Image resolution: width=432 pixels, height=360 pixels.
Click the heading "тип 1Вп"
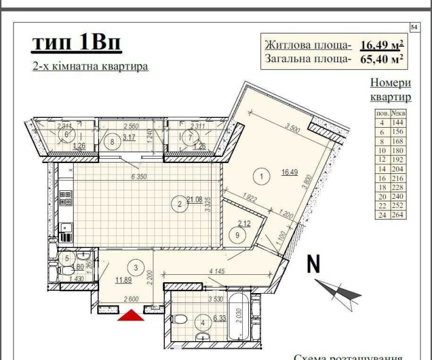[77, 44]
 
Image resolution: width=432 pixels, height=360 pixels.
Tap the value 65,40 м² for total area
[383, 59]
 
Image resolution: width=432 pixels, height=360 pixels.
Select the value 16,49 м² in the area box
[383, 45]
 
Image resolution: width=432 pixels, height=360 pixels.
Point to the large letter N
[314, 265]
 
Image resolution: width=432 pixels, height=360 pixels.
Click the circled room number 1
[261, 176]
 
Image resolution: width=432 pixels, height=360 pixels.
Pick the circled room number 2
[180, 204]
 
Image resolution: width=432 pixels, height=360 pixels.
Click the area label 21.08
[195, 199]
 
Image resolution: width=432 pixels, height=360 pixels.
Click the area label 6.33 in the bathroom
[220, 317]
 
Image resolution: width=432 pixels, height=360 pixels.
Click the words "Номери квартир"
[390, 89]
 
